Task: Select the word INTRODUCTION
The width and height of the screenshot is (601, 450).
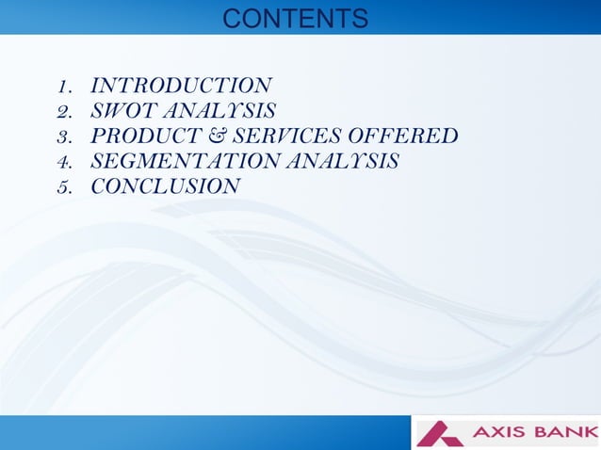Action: tap(181, 87)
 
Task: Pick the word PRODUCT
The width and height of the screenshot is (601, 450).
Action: tap(141, 137)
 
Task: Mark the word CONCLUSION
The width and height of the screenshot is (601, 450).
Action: tap(165, 186)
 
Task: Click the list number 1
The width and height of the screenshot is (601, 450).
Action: tap(64, 88)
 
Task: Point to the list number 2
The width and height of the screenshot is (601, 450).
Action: tap(64, 112)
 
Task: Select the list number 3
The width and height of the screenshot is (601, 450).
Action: tap(64, 137)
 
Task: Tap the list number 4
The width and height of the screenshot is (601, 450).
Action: tap(64, 162)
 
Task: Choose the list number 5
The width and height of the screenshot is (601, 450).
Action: tap(64, 187)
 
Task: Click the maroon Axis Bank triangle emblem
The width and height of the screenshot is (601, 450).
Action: tap(441, 433)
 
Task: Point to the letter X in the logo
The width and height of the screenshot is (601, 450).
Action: tap(498, 433)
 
